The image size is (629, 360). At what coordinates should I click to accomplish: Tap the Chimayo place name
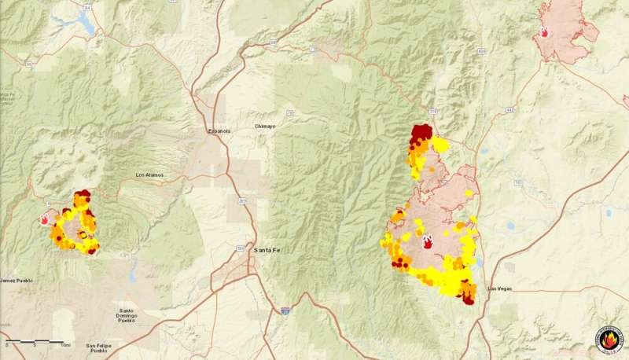(x=266, y=126)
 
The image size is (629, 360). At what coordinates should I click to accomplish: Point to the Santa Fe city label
(x=267, y=249)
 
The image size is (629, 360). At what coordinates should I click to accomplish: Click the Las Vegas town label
(x=499, y=288)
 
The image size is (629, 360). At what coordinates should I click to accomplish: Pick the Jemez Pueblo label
(x=18, y=280)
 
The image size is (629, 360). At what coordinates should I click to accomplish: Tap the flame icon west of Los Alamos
(x=45, y=221)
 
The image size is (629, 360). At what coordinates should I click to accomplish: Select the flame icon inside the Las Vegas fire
(x=428, y=242)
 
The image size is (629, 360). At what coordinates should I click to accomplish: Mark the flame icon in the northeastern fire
(x=544, y=33)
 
